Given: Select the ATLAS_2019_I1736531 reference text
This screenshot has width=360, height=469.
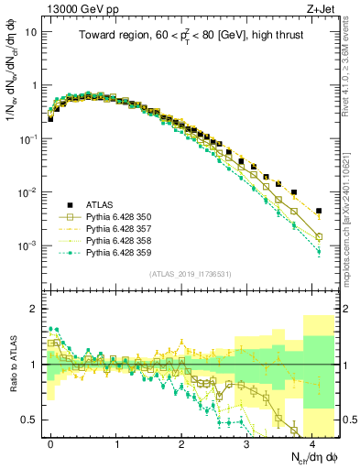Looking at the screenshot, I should [191, 274].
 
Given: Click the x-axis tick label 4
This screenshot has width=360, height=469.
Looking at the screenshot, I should [312, 441].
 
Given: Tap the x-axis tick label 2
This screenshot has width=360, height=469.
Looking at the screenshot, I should [182, 441].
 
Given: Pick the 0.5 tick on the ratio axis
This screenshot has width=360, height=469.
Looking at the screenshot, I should [32, 420].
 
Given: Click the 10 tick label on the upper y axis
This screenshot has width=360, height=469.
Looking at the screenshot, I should [32, 31].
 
